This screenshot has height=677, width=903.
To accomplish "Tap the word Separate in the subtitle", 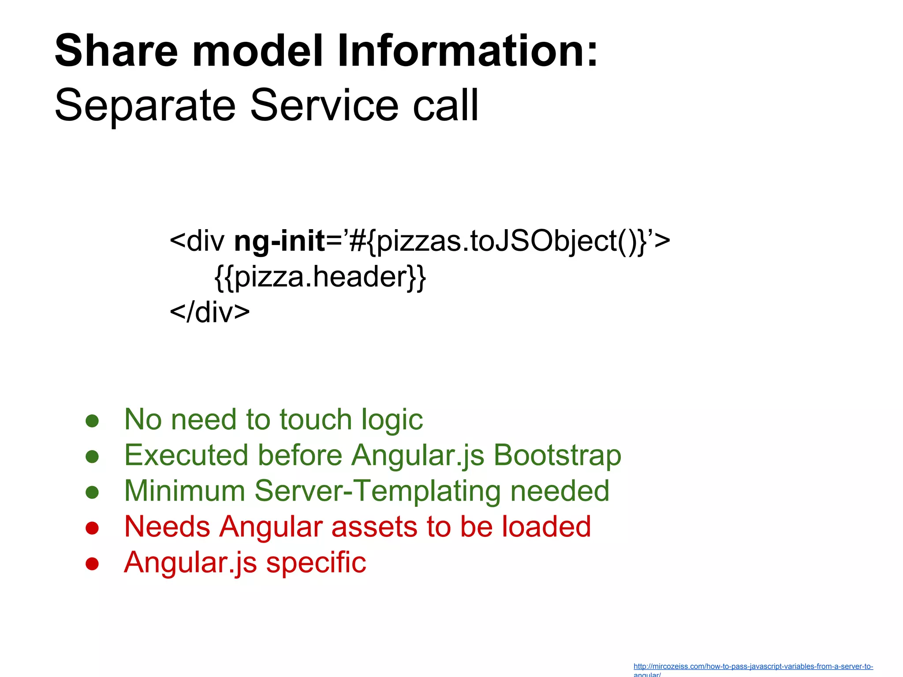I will [x=145, y=105].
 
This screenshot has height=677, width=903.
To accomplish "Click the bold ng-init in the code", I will [x=280, y=242].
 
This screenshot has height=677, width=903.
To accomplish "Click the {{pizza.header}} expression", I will [x=320, y=277].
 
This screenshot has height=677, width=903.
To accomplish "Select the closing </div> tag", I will [x=210, y=312].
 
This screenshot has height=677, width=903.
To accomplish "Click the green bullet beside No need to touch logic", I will [x=92, y=420].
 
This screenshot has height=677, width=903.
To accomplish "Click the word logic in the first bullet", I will [x=392, y=420].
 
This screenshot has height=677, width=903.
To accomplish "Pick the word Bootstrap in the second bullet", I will [x=557, y=455].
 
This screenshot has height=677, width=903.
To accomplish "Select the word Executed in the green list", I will [x=186, y=455].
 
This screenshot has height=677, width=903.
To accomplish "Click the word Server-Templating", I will [x=377, y=491].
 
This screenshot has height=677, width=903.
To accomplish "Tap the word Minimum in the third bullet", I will [x=184, y=491].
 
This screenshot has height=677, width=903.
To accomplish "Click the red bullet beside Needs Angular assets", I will [x=92, y=528].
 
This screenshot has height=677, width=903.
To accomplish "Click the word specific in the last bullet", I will [x=316, y=563].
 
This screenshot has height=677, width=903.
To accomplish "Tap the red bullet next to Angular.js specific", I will [x=92, y=564].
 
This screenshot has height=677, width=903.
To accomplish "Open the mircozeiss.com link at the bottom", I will [x=753, y=667].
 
